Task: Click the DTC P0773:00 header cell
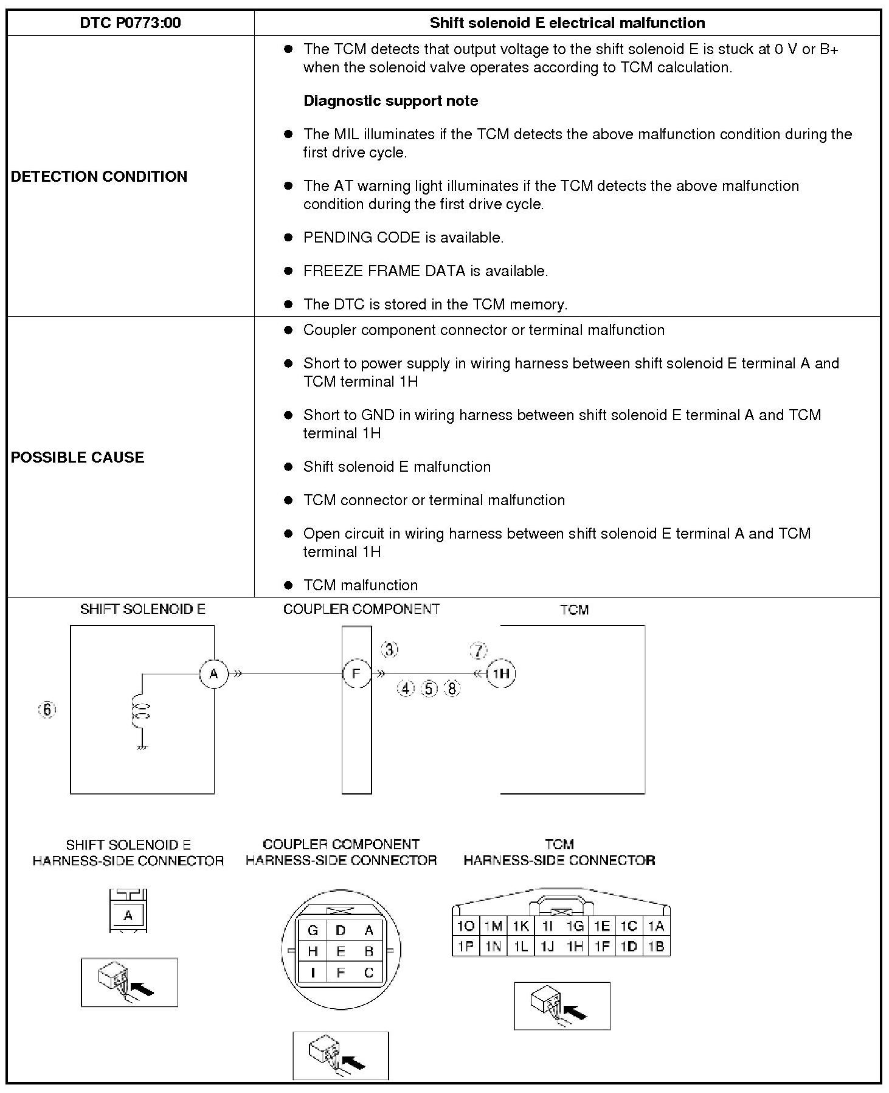[130, 23]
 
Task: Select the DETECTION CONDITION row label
[99, 176]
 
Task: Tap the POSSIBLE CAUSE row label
[77, 457]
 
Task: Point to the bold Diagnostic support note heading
[390, 101]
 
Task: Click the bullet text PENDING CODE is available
[403, 238]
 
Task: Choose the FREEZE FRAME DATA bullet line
[426, 271]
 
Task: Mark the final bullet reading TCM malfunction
[361, 585]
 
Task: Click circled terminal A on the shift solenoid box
[213, 674]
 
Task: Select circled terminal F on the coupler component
[356, 674]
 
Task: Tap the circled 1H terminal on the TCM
[501, 674]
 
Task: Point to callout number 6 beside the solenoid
[47, 709]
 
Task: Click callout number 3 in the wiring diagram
[390, 650]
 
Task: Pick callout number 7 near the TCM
[479, 651]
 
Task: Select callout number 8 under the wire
[452, 689]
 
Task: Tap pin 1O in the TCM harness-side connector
[466, 926]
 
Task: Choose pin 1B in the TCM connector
[656, 946]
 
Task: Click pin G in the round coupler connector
[313, 930]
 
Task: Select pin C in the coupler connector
[368, 973]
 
